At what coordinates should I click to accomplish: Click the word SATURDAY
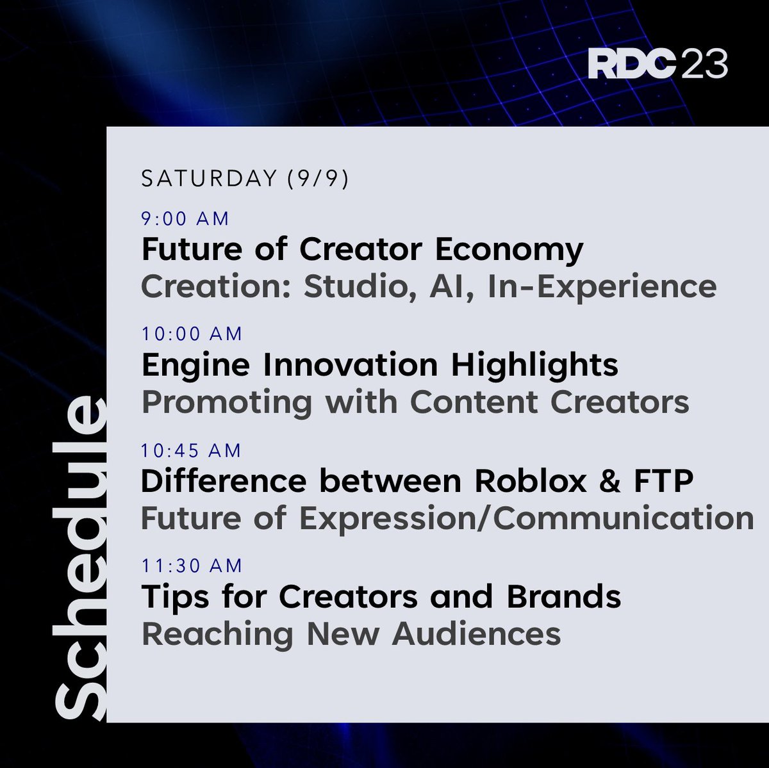(209, 179)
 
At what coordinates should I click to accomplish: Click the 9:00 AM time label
(185, 219)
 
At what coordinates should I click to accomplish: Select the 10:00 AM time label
(192, 334)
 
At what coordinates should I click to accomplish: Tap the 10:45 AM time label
(191, 450)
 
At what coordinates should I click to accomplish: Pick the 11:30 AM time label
(192, 566)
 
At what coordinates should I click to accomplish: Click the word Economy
(509, 250)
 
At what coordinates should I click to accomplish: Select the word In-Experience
(602, 287)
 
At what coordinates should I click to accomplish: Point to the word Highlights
(534, 366)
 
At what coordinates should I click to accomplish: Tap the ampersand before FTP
(610, 481)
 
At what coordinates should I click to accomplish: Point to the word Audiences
(476, 634)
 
